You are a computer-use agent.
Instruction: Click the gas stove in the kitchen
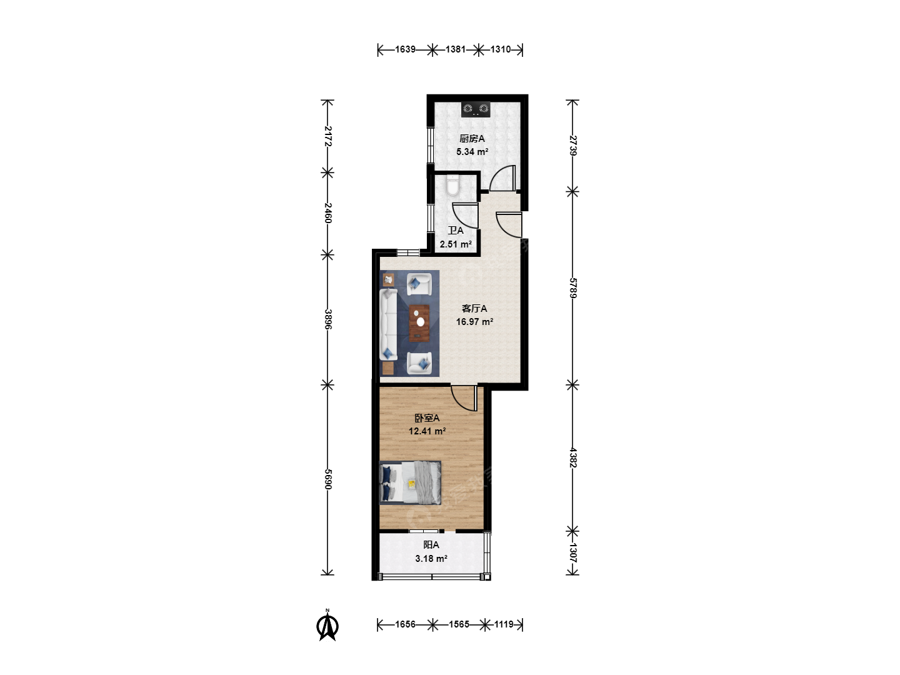point(476,109)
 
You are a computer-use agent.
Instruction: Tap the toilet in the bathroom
point(452,185)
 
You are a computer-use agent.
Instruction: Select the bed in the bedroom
point(410,482)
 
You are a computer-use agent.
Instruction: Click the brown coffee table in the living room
point(419,323)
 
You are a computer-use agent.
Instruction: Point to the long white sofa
point(388,324)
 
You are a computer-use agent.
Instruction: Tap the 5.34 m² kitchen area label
point(472,152)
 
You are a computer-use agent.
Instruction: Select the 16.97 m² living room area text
point(474,322)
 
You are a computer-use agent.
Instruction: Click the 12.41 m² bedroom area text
point(427,431)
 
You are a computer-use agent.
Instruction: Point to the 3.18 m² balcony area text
point(431,559)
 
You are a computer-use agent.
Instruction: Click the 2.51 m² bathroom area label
point(456,244)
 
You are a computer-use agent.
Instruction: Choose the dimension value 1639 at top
point(405,49)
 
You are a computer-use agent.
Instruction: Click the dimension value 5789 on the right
point(572,288)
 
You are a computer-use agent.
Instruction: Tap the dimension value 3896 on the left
point(327,319)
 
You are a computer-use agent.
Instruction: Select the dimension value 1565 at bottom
point(459,624)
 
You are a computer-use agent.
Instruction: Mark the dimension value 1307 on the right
point(572,553)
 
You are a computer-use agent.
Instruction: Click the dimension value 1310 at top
point(501,49)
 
